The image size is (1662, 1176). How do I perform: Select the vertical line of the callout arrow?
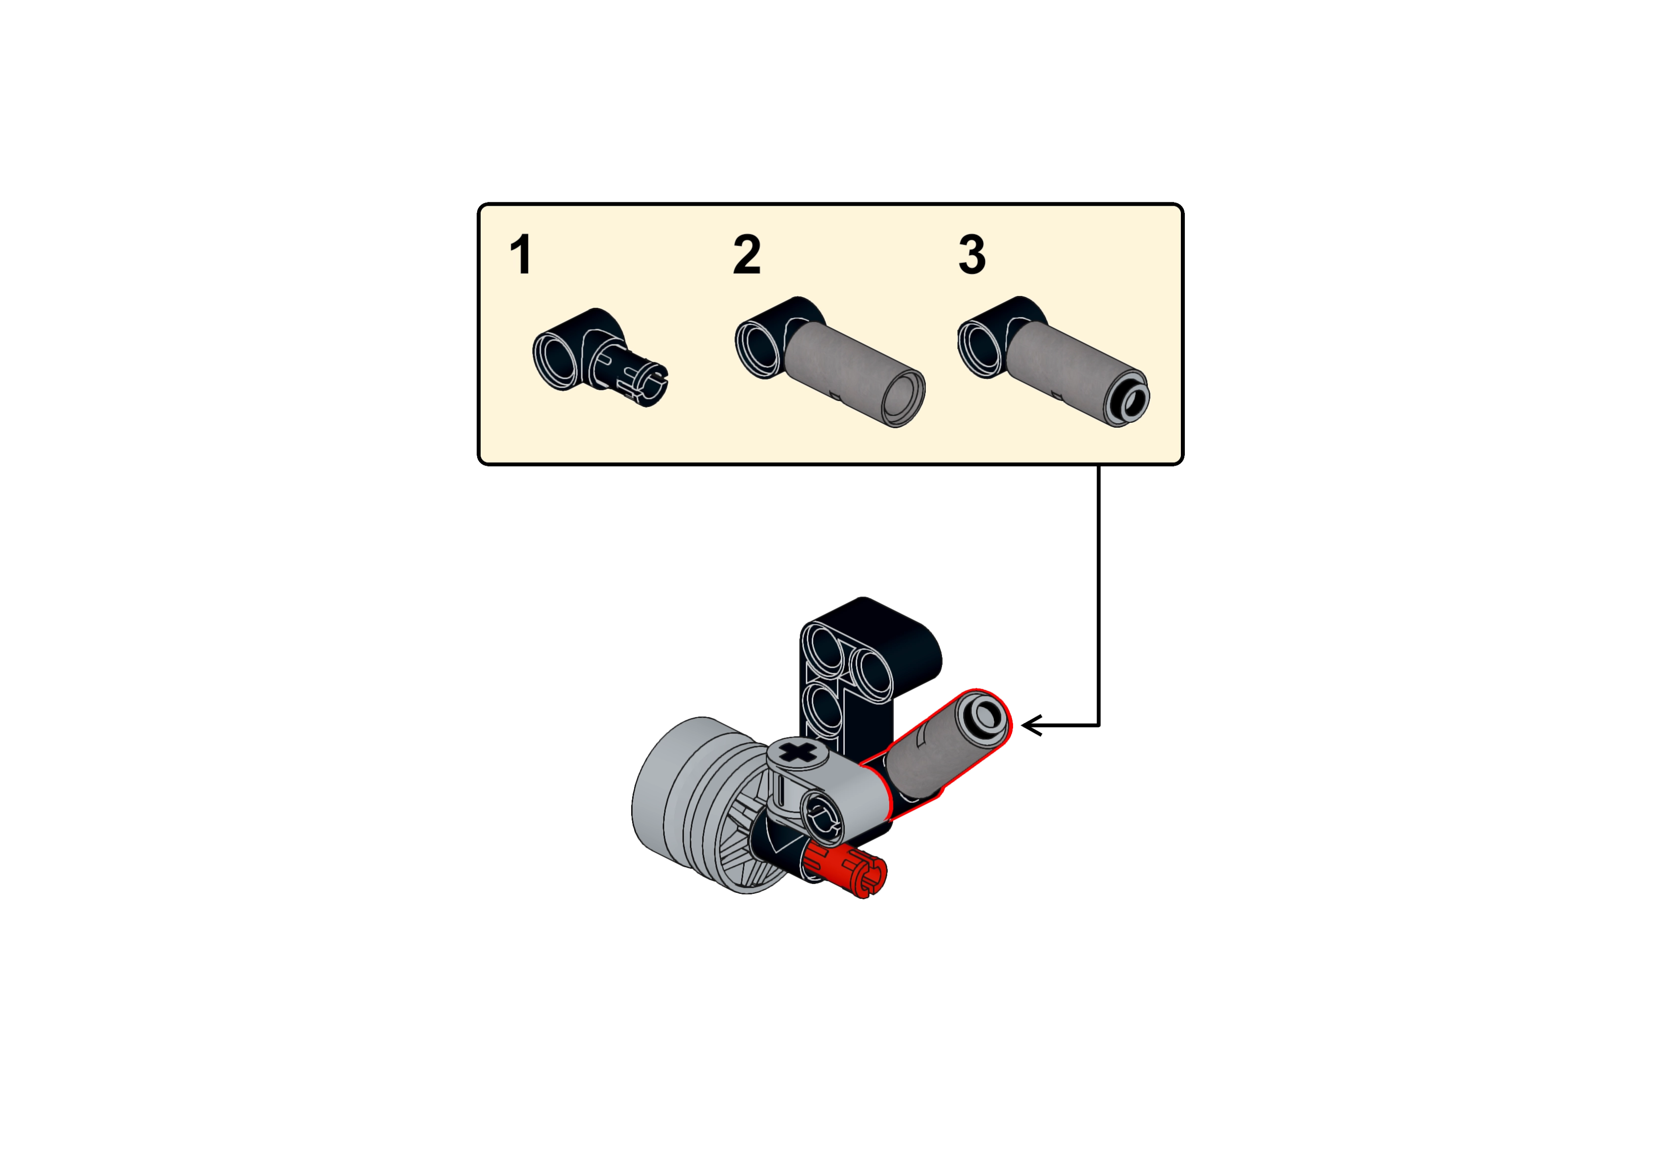[x=1098, y=594]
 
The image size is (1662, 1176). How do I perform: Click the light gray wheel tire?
[x=666, y=793]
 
